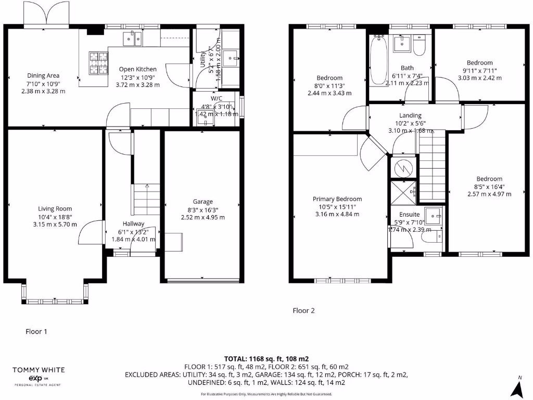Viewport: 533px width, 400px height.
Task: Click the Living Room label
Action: coord(54,209)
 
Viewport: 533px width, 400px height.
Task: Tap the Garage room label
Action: coord(202,202)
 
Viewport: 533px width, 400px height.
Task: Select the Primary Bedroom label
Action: coord(337,199)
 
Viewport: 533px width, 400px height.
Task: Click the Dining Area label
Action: coord(43,76)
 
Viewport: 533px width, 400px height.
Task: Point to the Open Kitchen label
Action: coord(137,69)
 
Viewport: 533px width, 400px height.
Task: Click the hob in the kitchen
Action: coord(97,64)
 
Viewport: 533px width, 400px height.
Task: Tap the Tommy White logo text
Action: coord(39,370)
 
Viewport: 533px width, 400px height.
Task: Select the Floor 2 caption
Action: coord(303,311)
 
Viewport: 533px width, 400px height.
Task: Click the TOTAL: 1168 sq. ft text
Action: coord(266,359)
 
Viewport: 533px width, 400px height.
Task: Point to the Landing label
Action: coord(410,116)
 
